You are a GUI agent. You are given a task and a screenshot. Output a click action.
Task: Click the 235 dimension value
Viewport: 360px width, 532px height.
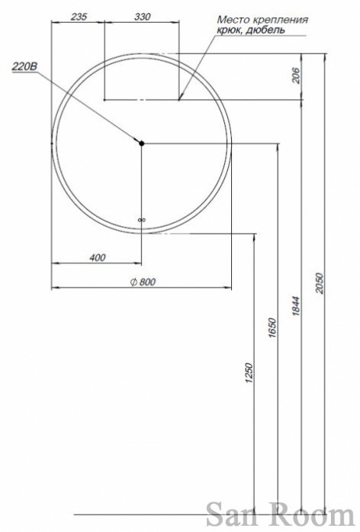point(79,16)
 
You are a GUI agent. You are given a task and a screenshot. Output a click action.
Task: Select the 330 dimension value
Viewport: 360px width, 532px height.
point(143,16)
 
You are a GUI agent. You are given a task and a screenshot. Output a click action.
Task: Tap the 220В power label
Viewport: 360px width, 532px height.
point(24,66)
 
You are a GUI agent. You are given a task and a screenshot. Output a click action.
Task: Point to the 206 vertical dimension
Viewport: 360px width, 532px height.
point(296,76)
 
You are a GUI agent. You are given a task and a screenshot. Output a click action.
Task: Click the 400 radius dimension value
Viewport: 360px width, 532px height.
point(98,257)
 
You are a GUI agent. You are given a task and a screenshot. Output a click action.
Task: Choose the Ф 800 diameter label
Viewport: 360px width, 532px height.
point(143,282)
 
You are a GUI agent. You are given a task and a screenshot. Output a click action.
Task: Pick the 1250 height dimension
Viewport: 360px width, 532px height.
point(249,373)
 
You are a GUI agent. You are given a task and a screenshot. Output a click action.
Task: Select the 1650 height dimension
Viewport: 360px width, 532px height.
point(272,328)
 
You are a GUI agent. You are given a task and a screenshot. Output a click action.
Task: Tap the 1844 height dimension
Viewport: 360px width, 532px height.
point(296,306)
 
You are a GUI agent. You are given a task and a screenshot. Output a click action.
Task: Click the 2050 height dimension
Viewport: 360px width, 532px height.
point(320,282)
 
